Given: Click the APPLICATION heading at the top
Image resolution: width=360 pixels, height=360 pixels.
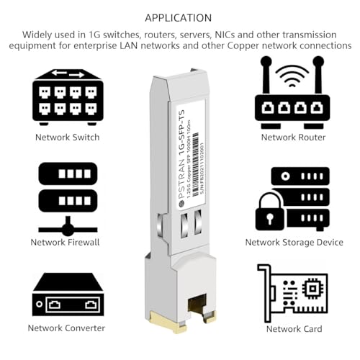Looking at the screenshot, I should [179, 17].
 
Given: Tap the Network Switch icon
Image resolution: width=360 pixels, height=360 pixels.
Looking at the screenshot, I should [68, 96].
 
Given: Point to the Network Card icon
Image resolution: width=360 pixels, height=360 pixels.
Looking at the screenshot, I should [292, 291].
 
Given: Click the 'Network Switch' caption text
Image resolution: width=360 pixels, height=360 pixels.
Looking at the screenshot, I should [67, 137].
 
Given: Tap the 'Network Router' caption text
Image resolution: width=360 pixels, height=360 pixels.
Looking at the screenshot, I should [293, 137].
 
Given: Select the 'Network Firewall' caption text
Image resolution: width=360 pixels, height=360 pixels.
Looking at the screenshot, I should [65, 243].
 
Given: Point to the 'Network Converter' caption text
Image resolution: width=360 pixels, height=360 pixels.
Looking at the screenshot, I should [66, 328].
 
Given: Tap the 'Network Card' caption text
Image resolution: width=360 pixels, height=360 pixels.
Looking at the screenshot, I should [293, 328].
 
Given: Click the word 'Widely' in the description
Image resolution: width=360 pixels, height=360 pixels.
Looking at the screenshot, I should [38, 34].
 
